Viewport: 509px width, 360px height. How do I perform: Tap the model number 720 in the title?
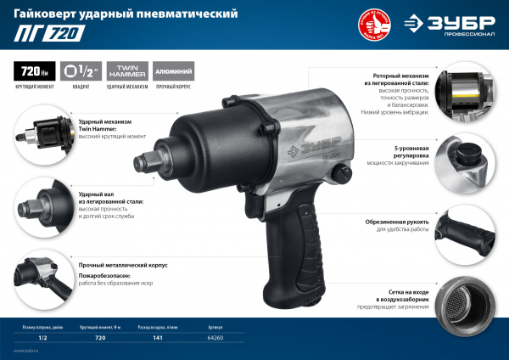(59, 35)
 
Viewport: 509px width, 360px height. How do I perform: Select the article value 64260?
(215, 337)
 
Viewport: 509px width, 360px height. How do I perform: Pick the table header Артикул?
(215, 324)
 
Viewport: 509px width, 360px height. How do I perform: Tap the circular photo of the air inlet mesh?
(470, 305)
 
